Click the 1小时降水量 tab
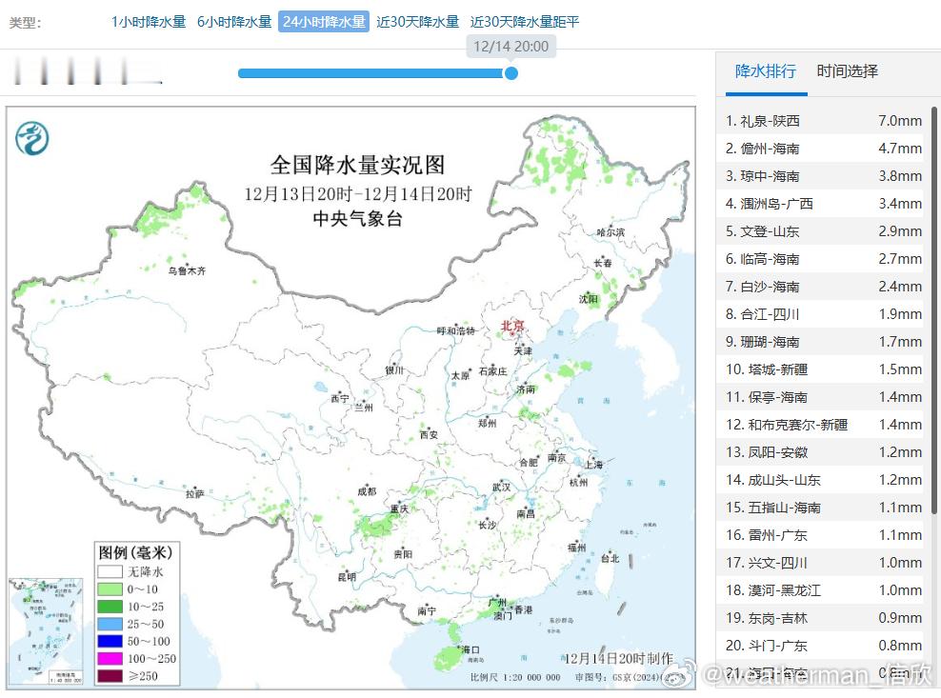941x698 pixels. pos(149,22)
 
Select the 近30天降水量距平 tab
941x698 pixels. pos(524,22)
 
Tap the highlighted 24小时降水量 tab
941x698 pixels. pos(324,22)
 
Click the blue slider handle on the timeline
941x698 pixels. pos(511,72)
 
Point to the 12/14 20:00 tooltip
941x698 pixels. pos(511,46)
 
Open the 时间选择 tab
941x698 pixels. pos(847,71)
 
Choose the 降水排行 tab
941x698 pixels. pos(765,71)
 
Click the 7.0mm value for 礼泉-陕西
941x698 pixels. pos(899,121)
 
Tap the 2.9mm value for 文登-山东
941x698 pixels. pos(899,231)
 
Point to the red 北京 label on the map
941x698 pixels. pos(512,327)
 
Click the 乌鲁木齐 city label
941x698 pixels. pos(187,270)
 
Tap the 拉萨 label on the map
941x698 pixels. pos(195,493)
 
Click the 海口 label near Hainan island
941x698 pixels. pos(469,649)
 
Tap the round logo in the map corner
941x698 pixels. pos(32,139)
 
